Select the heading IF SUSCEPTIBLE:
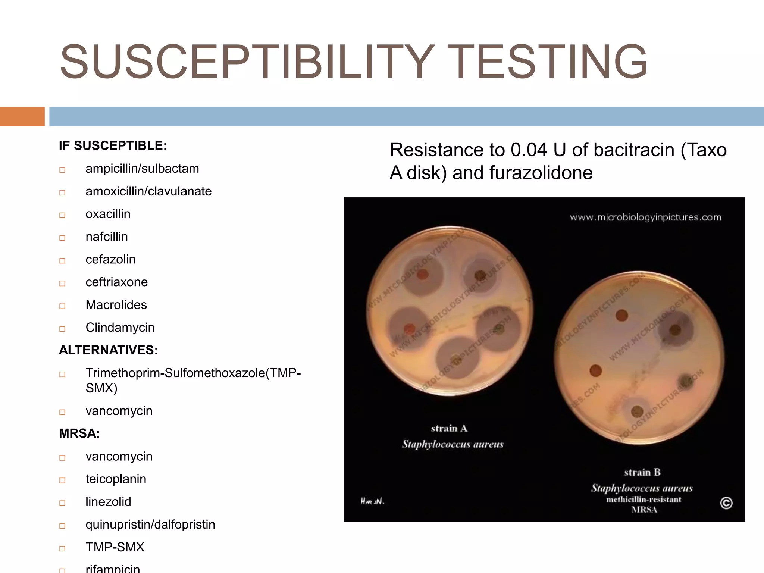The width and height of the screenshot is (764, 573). tap(113, 145)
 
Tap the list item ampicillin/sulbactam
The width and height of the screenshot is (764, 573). tap(142, 169)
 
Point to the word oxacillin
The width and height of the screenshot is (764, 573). tap(108, 214)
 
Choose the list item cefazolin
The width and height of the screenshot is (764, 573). tap(110, 259)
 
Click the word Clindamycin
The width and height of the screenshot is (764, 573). tap(120, 328)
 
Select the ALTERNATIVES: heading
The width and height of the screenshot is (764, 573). tap(108, 350)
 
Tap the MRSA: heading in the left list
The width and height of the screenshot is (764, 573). tap(79, 433)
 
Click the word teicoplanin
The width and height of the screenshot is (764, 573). tap(116, 479)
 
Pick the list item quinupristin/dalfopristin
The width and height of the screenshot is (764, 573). tap(150, 525)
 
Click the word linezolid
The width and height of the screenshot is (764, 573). tap(108, 502)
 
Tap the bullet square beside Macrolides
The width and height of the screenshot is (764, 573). tap(62, 306)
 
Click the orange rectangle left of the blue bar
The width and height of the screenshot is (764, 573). tap(22, 116)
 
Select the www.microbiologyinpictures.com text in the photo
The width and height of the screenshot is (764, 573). tap(645, 217)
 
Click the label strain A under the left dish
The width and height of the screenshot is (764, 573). tap(449, 428)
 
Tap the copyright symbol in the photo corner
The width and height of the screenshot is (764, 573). tap(726, 503)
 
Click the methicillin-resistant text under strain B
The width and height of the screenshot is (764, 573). tap(644, 500)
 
